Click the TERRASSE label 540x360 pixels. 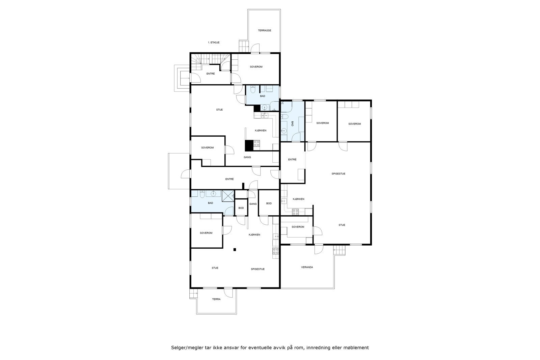(265, 30)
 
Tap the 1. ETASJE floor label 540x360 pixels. (214, 43)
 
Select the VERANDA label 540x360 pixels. (307, 267)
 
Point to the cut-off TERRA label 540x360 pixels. (216, 299)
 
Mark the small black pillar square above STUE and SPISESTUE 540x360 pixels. (235, 250)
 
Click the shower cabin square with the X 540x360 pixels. (228, 196)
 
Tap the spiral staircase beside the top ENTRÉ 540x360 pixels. (197, 60)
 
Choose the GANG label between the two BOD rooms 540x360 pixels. (253, 204)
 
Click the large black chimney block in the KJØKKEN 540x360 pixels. (249, 145)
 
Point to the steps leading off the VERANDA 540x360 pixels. (340, 250)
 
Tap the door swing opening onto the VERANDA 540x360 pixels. (318, 249)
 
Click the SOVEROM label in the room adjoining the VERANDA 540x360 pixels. (298, 227)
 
